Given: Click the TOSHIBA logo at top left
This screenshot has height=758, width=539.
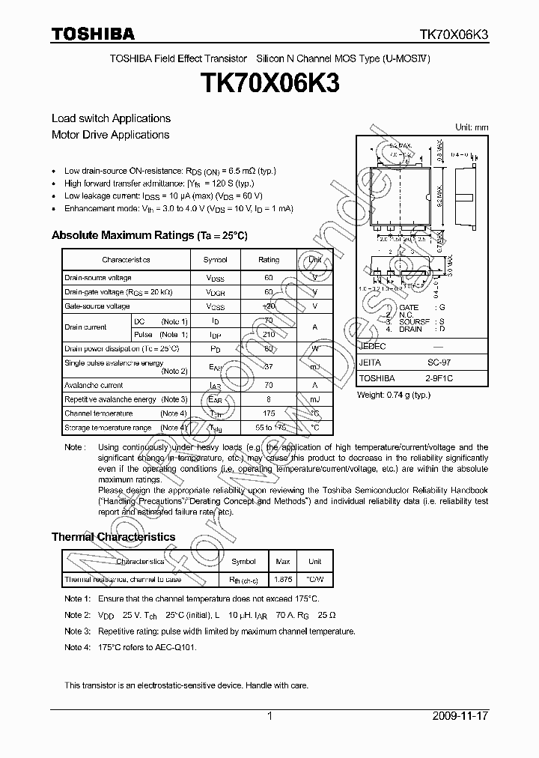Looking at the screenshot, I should point(93,34).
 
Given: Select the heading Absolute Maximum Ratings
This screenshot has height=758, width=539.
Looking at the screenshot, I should point(122,235).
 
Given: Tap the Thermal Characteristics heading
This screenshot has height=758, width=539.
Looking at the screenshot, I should point(113,537).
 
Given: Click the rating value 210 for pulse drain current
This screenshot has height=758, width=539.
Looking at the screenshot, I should point(269,334).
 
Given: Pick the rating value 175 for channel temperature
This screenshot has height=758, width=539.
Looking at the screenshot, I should point(269,413).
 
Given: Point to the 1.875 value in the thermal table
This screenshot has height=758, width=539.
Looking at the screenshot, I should point(283,579).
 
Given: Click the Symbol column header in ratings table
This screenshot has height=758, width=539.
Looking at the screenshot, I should point(216,260).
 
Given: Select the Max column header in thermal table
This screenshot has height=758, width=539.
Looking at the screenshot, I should point(283,561).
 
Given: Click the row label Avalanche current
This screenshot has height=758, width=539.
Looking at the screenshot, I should point(94,385).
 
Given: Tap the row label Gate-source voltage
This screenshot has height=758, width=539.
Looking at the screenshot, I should point(97,306).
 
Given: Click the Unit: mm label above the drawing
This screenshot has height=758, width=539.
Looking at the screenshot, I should point(472,127).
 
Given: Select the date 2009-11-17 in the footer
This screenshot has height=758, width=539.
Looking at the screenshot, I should point(460,716).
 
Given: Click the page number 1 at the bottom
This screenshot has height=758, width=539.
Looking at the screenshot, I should point(269,716).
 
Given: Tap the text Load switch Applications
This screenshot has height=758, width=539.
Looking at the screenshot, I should point(111,118).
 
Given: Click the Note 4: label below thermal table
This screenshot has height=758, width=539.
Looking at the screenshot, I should point(77,646).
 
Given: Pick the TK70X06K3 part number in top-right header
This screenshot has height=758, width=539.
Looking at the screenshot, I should point(454,34).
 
